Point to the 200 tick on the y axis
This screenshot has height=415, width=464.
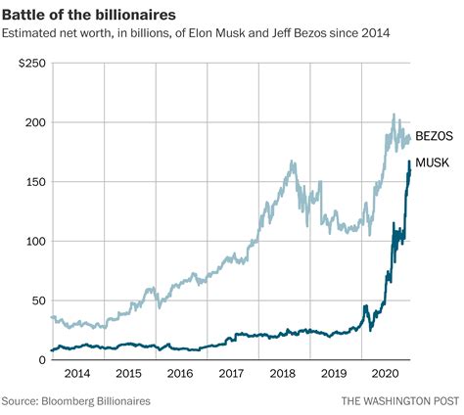[x=35, y=122]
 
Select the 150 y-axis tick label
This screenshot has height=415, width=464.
[x=35, y=182]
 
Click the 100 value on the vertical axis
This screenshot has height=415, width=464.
[x=35, y=241]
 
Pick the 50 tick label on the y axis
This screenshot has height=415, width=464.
[x=38, y=300]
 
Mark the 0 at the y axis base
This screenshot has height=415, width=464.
[x=42, y=359]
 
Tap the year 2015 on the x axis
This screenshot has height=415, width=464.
[x=127, y=374]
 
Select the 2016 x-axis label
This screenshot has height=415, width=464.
[x=179, y=374]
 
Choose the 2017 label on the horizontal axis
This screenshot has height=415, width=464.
[x=231, y=374]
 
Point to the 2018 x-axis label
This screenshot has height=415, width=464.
[x=283, y=374]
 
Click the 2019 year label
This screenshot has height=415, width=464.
[x=335, y=374]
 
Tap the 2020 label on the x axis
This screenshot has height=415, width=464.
[x=386, y=374]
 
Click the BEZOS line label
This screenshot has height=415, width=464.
[x=435, y=137]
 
